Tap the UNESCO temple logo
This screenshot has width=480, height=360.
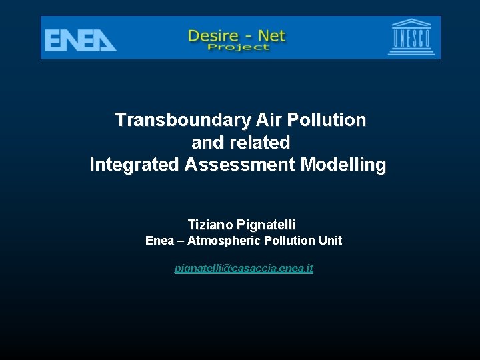(x=410, y=38)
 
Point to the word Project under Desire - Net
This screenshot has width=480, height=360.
(x=238, y=47)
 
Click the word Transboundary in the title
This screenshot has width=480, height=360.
(x=182, y=120)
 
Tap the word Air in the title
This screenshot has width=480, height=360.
(x=269, y=120)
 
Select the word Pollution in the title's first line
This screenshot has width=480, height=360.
(x=327, y=120)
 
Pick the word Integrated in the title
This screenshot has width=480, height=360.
(x=134, y=164)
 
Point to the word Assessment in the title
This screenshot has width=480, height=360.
(x=240, y=164)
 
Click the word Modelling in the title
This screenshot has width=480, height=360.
(x=343, y=164)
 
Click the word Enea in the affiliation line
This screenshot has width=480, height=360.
(x=159, y=241)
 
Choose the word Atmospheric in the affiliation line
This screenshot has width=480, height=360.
(x=224, y=241)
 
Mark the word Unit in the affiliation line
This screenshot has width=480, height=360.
(x=330, y=241)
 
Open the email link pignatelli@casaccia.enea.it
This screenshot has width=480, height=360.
(x=243, y=268)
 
